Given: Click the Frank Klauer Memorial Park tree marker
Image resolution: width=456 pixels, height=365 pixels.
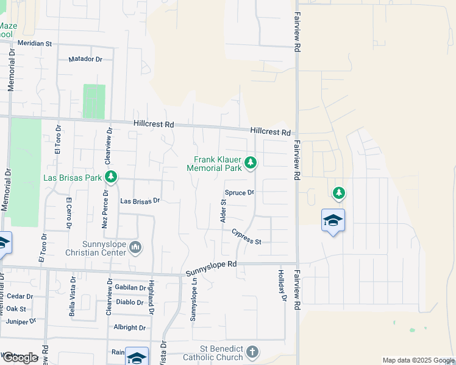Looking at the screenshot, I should pos(251,162).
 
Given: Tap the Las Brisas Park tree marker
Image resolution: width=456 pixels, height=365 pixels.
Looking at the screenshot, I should pos(111,177).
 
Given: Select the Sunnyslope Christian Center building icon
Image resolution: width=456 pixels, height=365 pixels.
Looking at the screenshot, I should pos(135,246).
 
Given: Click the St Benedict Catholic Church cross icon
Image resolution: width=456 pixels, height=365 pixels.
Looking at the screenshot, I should pos(252,352).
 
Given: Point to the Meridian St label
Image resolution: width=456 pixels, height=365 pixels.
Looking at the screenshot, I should pos(35,44).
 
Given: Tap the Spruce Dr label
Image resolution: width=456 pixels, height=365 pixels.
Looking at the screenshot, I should pos(239,192).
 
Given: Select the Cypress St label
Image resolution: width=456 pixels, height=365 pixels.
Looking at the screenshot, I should pos(246,237).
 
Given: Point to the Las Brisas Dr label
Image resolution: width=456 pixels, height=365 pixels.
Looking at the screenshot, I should pos(140,200).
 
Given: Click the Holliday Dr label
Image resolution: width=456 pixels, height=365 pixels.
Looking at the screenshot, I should pos(282,285).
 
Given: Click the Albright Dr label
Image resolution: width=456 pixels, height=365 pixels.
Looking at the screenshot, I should pos(130,327).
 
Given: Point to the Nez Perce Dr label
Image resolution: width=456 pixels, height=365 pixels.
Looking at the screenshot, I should pos(105,208).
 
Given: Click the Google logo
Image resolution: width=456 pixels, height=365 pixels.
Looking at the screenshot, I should pos(20,358).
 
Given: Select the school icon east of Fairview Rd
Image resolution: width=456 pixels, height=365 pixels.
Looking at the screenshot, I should pos(333,221).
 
